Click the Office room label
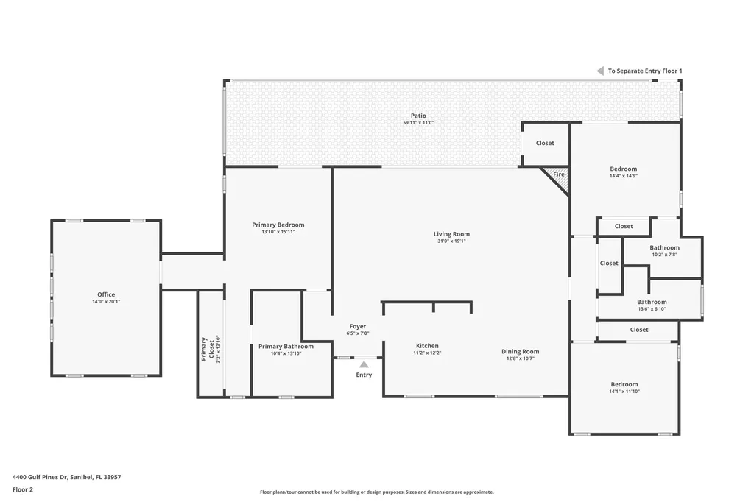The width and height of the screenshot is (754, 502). click(106, 294)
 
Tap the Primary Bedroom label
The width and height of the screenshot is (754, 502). click(278, 225)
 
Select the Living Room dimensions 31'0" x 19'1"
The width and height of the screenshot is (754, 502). click(451, 241)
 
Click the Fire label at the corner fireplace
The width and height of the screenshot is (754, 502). click(559, 174)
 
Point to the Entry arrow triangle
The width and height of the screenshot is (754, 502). click(364, 364)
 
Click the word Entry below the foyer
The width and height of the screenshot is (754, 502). click(364, 375)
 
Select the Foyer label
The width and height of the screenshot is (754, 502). click(357, 326)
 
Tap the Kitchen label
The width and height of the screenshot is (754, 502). click(427, 346)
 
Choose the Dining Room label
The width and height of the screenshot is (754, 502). click(521, 351)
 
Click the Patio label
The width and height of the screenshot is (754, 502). click(418, 116)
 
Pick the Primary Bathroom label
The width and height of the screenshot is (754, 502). click(286, 346)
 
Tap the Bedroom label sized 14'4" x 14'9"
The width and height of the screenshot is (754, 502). click(623, 169)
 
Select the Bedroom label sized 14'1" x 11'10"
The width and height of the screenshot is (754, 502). click(624, 384)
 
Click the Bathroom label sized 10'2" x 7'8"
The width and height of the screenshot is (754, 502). click(664, 247)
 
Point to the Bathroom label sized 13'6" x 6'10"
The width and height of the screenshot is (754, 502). click(652, 302)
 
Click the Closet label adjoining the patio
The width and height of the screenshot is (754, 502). click(545, 143)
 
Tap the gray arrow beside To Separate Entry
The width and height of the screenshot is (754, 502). click(600, 71)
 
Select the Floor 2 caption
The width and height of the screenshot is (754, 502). click(23, 489)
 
